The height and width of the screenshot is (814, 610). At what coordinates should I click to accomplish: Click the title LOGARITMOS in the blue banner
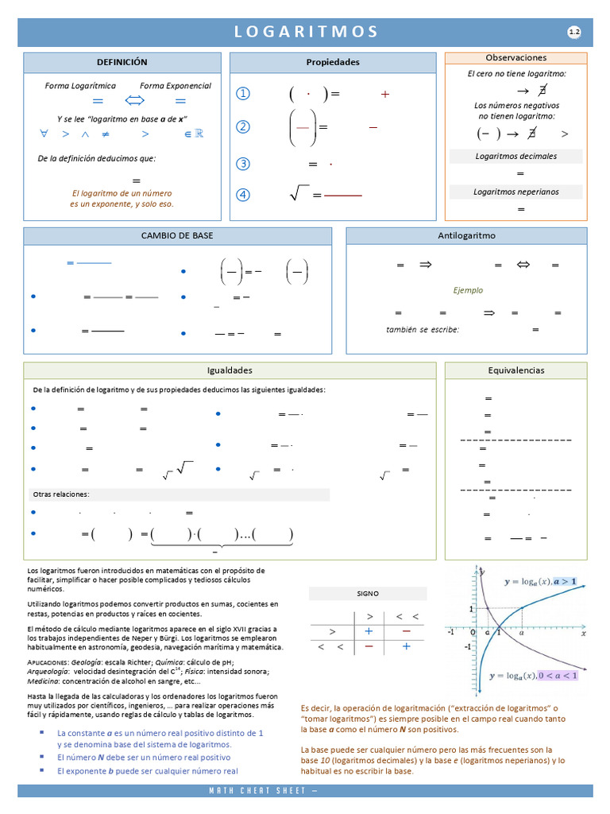(x=306, y=32)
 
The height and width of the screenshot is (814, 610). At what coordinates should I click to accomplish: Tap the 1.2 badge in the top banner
(x=574, y=32)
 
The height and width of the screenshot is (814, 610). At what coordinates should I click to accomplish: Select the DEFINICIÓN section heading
(x=122, y=62)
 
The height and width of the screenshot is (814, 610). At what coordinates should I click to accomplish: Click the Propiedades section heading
(x=333, y=62)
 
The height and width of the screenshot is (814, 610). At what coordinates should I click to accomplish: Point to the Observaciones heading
(x=515, y=58)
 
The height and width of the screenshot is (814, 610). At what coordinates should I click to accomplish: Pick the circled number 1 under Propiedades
(x=243, y=94)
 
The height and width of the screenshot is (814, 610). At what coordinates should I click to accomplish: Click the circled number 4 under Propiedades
(x=243, y=195)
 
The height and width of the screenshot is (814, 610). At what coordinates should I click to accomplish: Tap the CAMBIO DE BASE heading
(x=177, y=236)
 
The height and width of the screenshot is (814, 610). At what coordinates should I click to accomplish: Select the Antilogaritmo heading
(x=466, y=236)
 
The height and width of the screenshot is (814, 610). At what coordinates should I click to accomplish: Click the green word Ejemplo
(x=468, y=290)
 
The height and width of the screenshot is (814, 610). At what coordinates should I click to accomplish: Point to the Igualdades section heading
(x=230, y=370)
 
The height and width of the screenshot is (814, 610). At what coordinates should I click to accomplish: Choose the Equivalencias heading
(x=515, y=370)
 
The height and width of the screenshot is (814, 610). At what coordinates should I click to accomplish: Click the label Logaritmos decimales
(x=515, y=156)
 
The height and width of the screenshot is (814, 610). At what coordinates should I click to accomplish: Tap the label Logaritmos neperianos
(x=515, y=192)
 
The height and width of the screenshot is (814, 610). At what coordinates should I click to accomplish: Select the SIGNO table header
(x=368, y=594)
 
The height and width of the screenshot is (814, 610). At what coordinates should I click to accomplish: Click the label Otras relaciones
(x=61, y=494)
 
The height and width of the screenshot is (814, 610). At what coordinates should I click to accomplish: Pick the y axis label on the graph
(x=482, y=572)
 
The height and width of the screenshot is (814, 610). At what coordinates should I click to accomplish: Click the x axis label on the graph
(x=583, y=634)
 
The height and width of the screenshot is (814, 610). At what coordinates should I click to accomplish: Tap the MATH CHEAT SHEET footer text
(x=263, y=791)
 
